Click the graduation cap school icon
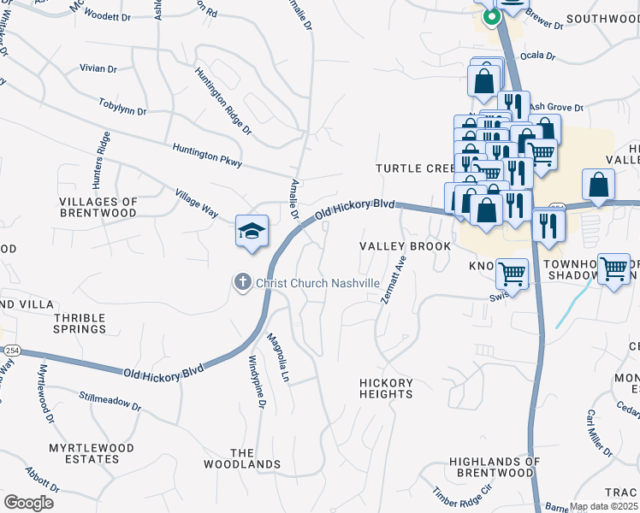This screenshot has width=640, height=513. coord(252,232)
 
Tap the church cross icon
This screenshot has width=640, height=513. coord(243,282)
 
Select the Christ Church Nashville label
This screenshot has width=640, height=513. coord(318,283)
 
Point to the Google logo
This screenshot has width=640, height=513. coord(28,502)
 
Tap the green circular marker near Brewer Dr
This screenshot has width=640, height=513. coord(490,16)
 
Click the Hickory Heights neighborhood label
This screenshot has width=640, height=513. coord(386,388)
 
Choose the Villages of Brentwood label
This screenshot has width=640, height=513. coord(98,207)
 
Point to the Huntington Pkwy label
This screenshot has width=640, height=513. coord(207,155)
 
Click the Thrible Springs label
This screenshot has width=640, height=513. coord(80,323)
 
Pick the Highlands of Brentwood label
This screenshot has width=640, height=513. coord(495,467)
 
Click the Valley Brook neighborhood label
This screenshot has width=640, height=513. coord(405,246)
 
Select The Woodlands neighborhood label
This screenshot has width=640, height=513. coord(242,458)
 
